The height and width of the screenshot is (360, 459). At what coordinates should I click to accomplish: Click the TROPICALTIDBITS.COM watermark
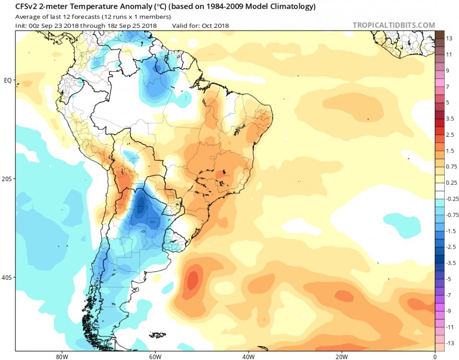(393, 25)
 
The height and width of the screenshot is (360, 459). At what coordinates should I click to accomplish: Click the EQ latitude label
(8, 80)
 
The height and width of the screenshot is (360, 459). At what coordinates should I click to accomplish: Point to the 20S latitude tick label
(7, 179)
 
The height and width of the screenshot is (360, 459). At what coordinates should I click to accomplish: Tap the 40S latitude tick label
(7, 277)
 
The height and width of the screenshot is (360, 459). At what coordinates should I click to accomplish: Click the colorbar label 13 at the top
(449, 38)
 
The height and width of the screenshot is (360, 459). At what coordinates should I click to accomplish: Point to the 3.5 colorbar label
(450, 118)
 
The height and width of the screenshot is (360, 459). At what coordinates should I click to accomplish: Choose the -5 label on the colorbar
(449, 278)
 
